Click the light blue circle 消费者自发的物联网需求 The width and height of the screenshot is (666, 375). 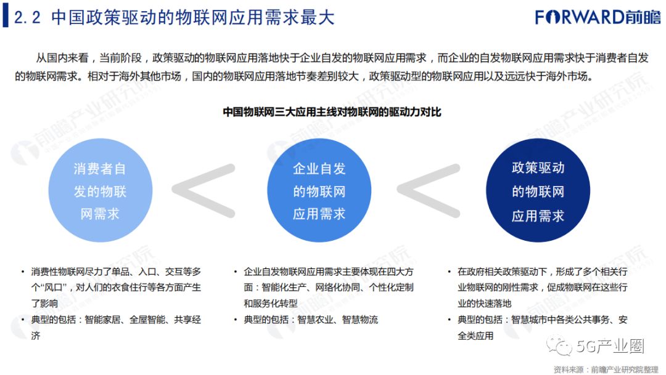[100, 191]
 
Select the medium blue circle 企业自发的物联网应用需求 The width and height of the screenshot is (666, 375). [319, 191]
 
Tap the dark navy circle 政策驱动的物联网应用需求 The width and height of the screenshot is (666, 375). [538, 191]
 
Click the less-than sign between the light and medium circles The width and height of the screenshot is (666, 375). [203, 190]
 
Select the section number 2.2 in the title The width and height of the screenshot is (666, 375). [27, 17]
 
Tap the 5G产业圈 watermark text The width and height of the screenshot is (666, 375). [610, 347]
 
